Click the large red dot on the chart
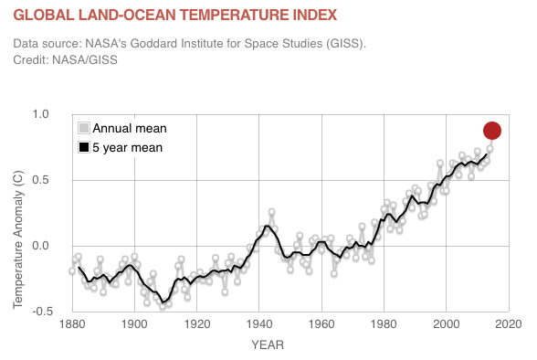[x=492, y=131]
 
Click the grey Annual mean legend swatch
[x=84, y=128]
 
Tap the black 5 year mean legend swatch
[x=84, y=147]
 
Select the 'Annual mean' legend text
[x=130, y=129]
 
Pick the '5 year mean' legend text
[x=128, y=148]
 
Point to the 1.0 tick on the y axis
[x=40, y=114]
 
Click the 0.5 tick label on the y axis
[x=40, y=180]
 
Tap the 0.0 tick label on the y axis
[x=40, y=246]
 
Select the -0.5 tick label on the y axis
[x=42, y=311]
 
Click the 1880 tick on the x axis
[x=72, y=324]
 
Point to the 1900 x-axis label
[x=134, y=324]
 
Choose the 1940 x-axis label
[x=259, y=324]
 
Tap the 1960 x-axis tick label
[x=321, y=324]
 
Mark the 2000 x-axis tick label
[x=447, y=324]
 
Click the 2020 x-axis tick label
[x=509, y=324]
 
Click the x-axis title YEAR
[x=268, y=345]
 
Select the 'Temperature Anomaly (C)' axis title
[x=18, y=239]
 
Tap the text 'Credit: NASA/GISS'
[x=65, y=60]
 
